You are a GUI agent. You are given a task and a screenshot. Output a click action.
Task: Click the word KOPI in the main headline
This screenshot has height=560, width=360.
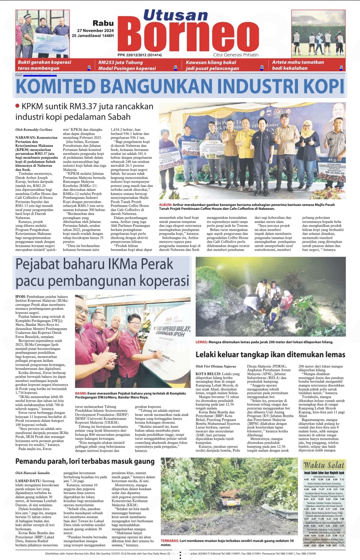(x=323, y=86)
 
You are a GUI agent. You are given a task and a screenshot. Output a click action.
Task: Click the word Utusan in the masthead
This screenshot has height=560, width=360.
(x=175, y=16)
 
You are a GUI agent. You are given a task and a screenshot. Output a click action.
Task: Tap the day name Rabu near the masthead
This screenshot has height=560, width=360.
(x=103, y=23)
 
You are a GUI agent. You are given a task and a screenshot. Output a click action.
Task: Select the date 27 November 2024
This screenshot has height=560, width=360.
(x=95, y=31)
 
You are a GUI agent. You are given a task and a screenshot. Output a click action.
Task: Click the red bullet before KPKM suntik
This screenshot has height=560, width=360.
(x=17, y=106)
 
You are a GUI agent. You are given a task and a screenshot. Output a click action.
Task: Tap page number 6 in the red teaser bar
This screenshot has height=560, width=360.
(x=175, y=68)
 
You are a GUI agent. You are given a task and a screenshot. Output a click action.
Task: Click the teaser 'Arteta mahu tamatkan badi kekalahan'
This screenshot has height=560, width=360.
(x=298, y=65)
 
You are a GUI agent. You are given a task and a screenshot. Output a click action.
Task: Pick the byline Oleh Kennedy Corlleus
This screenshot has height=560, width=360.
(x=34, y=130)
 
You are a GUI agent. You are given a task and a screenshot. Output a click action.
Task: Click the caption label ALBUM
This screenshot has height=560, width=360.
(x=165, y=205)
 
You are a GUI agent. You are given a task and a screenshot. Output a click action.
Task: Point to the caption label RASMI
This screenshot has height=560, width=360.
(x=81, y=393)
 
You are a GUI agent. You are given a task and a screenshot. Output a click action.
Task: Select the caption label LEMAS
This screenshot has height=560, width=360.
(x=201, y=342)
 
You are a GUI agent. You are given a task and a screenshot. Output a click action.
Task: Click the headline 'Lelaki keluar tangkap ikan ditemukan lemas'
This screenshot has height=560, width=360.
(x=270, y=354)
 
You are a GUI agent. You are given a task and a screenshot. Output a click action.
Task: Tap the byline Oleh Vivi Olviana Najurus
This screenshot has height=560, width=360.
(x=216, y=366)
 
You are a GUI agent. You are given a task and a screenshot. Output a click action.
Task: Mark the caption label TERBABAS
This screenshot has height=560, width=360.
(x=170, y=541)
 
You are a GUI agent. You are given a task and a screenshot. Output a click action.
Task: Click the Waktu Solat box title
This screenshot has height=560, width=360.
(x=323, y=465)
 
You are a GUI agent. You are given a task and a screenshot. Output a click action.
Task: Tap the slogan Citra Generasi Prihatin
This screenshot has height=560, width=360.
(x=236, y=55)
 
